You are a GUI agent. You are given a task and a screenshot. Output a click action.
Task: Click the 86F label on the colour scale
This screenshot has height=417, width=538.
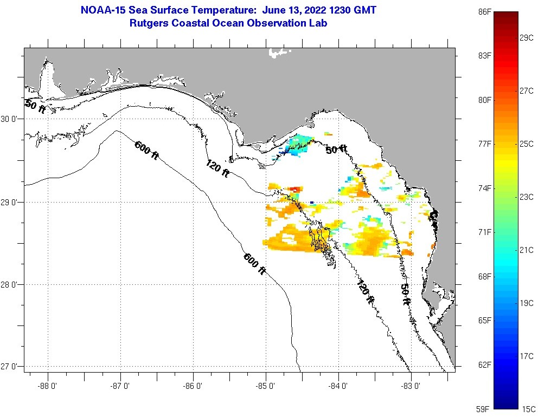[484, 11]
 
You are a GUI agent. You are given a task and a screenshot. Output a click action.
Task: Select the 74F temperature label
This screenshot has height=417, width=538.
[484, 188]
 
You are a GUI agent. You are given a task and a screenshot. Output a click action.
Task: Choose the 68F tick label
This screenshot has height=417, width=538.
[484, 276]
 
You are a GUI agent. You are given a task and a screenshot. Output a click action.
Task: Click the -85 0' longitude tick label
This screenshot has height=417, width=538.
[266, 386]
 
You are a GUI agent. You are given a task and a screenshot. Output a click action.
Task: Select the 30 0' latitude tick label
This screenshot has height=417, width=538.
[11, 119]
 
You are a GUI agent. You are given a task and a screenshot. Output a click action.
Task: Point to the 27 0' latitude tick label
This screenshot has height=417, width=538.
[11, 367]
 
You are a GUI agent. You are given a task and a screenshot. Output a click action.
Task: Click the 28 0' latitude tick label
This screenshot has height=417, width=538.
[11, 284]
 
